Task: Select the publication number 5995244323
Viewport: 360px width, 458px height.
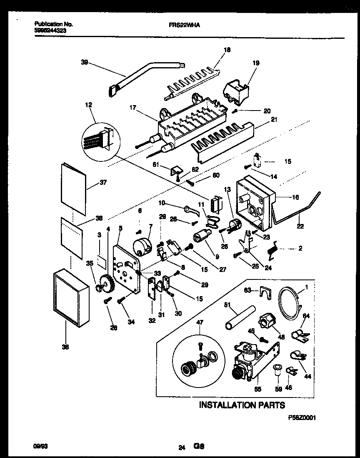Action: click(x=50, y=30)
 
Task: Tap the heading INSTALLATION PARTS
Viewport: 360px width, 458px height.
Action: click(x=242, y=405)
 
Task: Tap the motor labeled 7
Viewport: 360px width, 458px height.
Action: click(x=142, y=245)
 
